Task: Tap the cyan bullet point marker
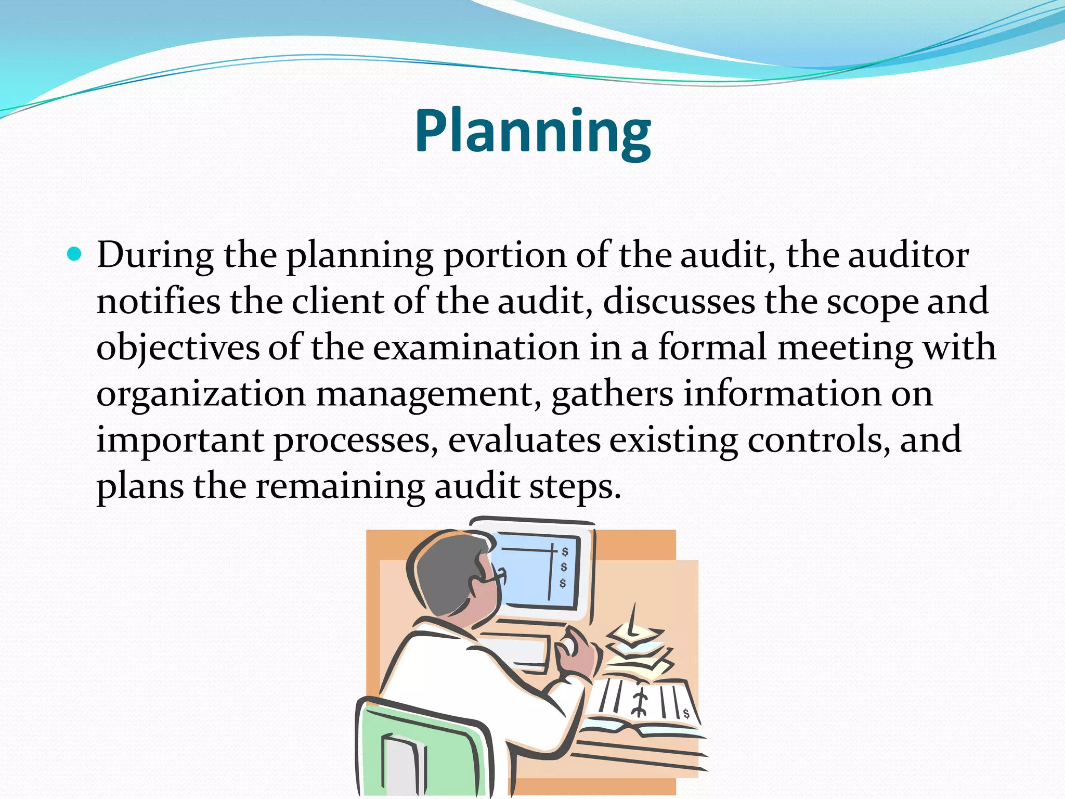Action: pyautogui.click(x=75, y=254)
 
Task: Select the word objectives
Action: pyautogui.click(x=178, y=347)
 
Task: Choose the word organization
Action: pyautogui.click(x=201, y=394)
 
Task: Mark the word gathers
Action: pyautogui.click(x=612, y=394)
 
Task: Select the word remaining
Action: pyautogui.click(x=340, y=486)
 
